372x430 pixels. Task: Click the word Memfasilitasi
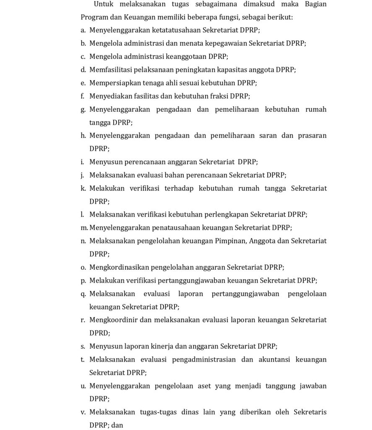(109, 70)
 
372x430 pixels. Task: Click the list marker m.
(84, 228)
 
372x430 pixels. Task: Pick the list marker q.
(83, 294)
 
